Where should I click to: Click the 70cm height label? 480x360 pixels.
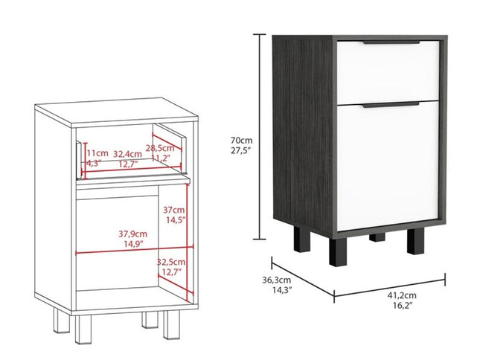[x=240, y=140]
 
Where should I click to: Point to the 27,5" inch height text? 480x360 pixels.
[x=241, y=151]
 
